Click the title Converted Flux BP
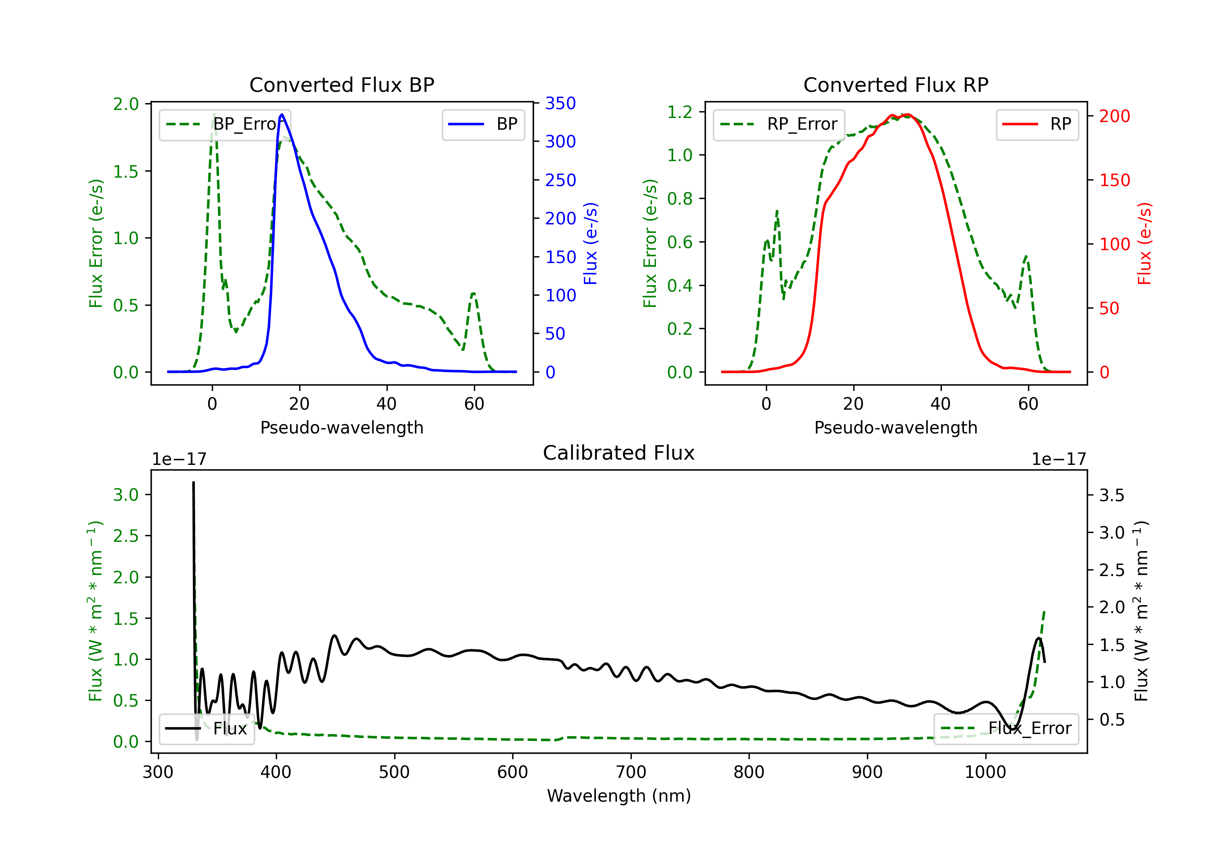341,85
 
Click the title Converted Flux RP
896,85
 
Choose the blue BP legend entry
483,124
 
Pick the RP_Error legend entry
779,124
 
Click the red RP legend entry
1037,124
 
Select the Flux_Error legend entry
1006,729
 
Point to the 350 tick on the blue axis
560,103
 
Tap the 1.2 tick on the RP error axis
680,112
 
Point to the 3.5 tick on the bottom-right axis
1111,496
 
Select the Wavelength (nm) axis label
619,796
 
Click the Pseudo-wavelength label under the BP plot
341,427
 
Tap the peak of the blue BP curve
282,115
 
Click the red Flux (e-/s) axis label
1144,243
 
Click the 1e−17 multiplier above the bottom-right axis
1059,459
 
